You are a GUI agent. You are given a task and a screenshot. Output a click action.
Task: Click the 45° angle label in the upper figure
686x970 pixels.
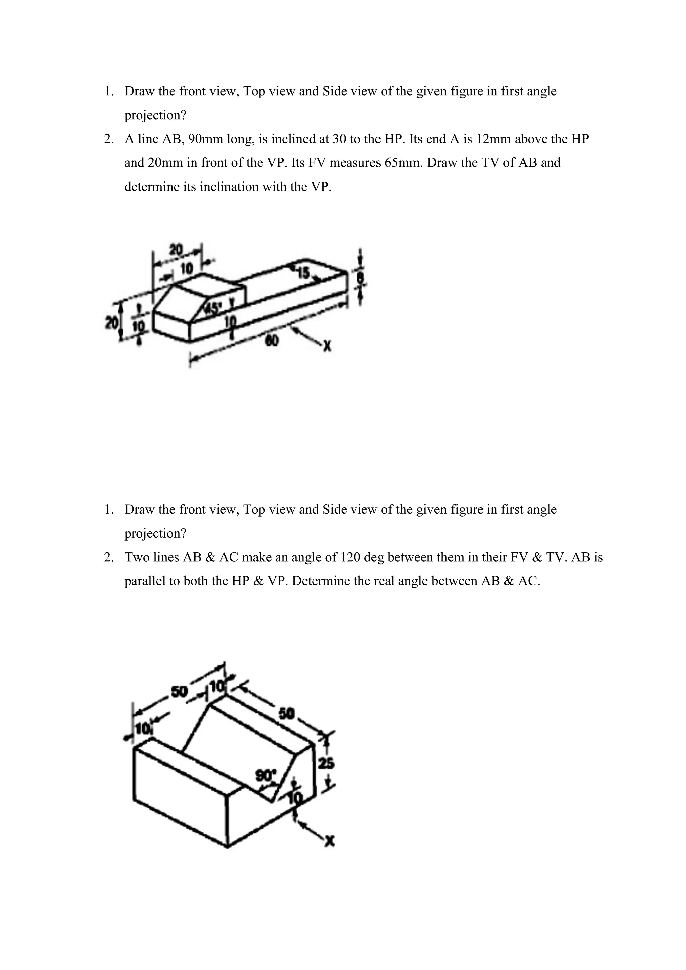(212, 308)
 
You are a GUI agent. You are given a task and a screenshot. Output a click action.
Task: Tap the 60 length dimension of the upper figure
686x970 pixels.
(272, 341)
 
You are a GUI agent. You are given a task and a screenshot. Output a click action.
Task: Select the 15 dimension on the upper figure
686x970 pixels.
(304, 273)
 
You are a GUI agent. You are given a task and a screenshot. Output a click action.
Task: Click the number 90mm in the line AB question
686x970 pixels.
(206, 139)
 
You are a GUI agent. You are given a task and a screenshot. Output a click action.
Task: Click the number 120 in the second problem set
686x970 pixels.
(350, 558)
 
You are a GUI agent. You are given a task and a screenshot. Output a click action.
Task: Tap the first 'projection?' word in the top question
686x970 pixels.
(155, 115)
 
